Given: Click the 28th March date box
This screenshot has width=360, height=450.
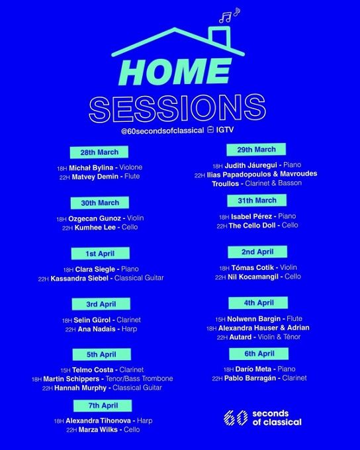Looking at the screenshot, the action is pyautogui.click(x=99, y=152).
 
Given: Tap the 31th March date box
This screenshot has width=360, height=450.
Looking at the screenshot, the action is pyautogui.click(x=257, y=201).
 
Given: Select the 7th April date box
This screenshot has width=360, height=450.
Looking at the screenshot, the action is pyautogui.click(x=103, y=406).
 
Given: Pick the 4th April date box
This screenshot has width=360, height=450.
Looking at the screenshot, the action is pyautogui.click(x=258, y=303).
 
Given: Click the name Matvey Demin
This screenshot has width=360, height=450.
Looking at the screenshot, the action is pyautogui.click(x=95, y=177).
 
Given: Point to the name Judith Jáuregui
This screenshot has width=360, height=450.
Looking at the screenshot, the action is pyautogui.click(x=251, y=165).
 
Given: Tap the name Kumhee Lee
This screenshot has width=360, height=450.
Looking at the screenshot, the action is pyautogui.click(x=95, y=228).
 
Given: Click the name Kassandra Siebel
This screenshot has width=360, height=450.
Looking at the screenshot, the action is pyautogui.click(x=79, y=278).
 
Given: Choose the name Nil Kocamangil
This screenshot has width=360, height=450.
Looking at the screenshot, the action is pyautogui.click(x=254, y=277).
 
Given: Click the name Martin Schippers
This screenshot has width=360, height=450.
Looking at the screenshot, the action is pyautogui.click(x=71, y=379).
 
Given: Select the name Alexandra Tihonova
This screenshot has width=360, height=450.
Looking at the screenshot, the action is pyautogui.click(x=99, y=421).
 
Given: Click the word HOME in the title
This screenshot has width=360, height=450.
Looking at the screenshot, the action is pyautogui.click(x=174, y=73).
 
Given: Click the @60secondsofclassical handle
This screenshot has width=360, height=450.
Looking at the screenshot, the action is pyautogui.click(x=163, y=130).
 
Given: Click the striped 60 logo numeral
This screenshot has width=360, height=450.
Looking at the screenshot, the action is pyautogui.click(x=236, y=418).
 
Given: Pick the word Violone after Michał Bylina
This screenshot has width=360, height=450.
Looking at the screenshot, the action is pyautogui.click(x=130, y=167).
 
